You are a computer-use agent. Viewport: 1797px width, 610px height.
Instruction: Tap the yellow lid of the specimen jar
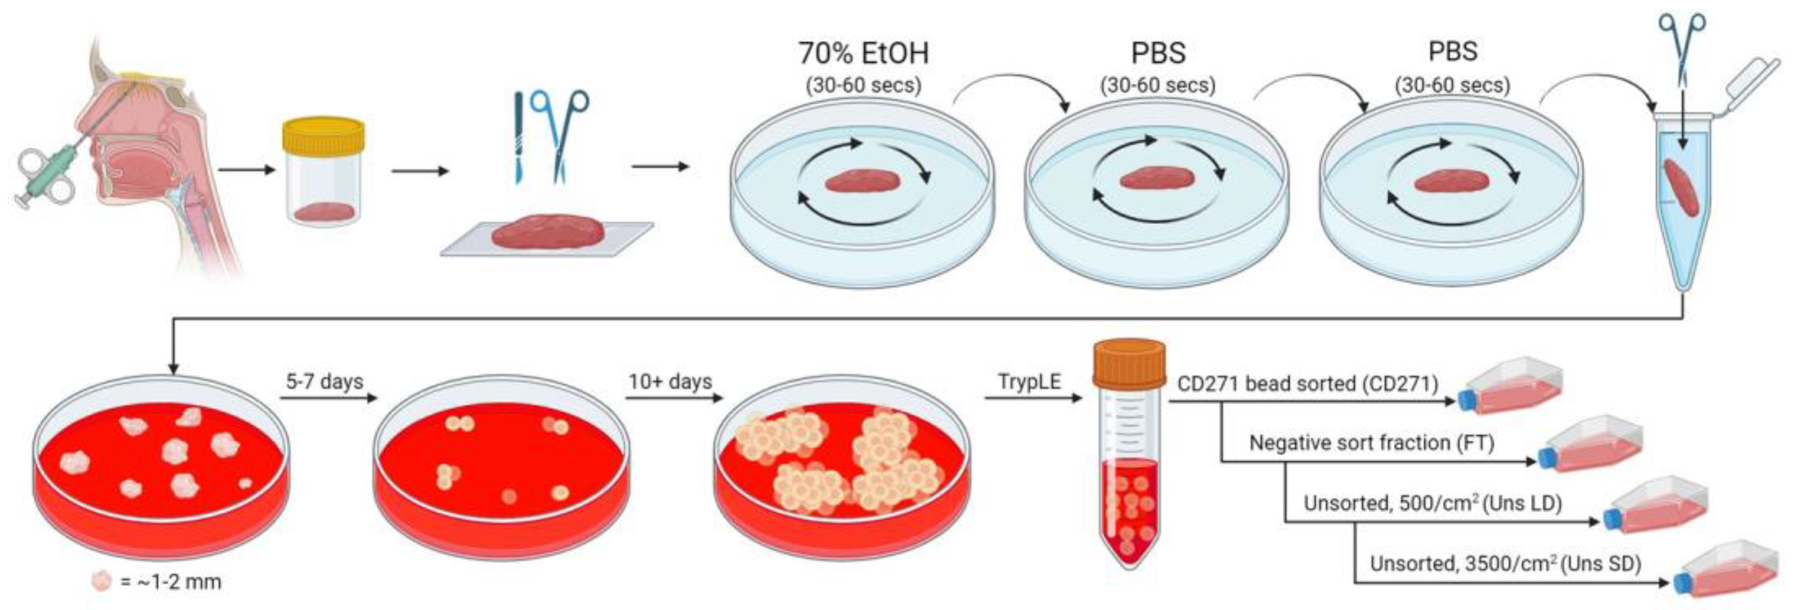323,135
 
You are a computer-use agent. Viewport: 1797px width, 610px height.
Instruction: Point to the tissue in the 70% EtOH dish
862,181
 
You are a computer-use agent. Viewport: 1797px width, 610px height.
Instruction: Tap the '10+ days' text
670,382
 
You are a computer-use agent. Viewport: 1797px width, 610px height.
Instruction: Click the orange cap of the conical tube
1129,363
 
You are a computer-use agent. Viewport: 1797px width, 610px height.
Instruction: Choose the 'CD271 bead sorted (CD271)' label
1307,384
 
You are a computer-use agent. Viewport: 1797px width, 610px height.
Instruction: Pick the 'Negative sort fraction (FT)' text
1372,442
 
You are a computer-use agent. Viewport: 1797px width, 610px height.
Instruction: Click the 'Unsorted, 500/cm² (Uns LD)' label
1433,503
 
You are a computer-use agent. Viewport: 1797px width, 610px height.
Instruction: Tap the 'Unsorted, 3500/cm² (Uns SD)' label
1505,563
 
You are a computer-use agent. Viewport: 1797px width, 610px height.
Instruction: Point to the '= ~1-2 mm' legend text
170,581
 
